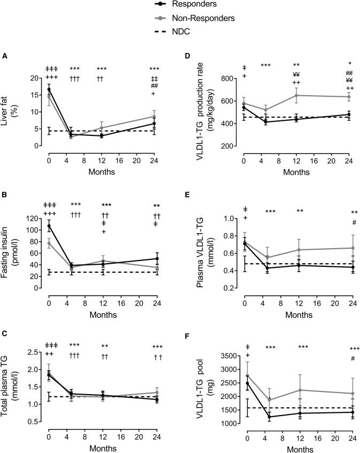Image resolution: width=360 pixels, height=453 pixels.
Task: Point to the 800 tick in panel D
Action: point(231,79)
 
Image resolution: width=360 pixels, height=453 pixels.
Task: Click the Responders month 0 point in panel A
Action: point(49,89)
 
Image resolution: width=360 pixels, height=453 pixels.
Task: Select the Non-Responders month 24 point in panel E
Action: point(349,248)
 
